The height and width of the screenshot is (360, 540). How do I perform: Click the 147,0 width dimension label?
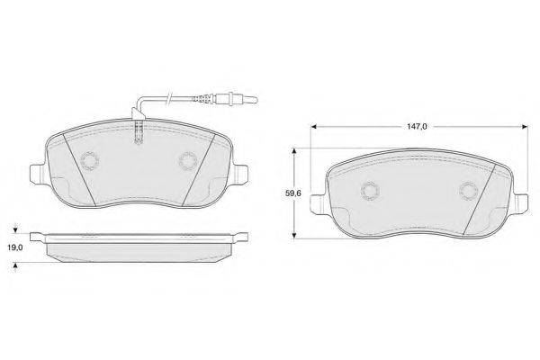coord(417,126)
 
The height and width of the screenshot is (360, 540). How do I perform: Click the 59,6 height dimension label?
coord(293,193)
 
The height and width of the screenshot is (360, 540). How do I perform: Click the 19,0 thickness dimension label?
coord(15,247)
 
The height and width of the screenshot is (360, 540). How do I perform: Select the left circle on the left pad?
coord(89,161)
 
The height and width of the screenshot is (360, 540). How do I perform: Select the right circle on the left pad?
coord(188,161)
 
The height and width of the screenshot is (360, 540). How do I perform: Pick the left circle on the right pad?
coord(370,191)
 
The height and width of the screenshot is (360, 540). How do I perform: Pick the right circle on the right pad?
coord(469,191)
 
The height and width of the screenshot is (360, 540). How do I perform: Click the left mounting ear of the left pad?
coord(37,175)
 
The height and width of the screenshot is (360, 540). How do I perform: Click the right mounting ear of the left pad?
coord(240,175)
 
